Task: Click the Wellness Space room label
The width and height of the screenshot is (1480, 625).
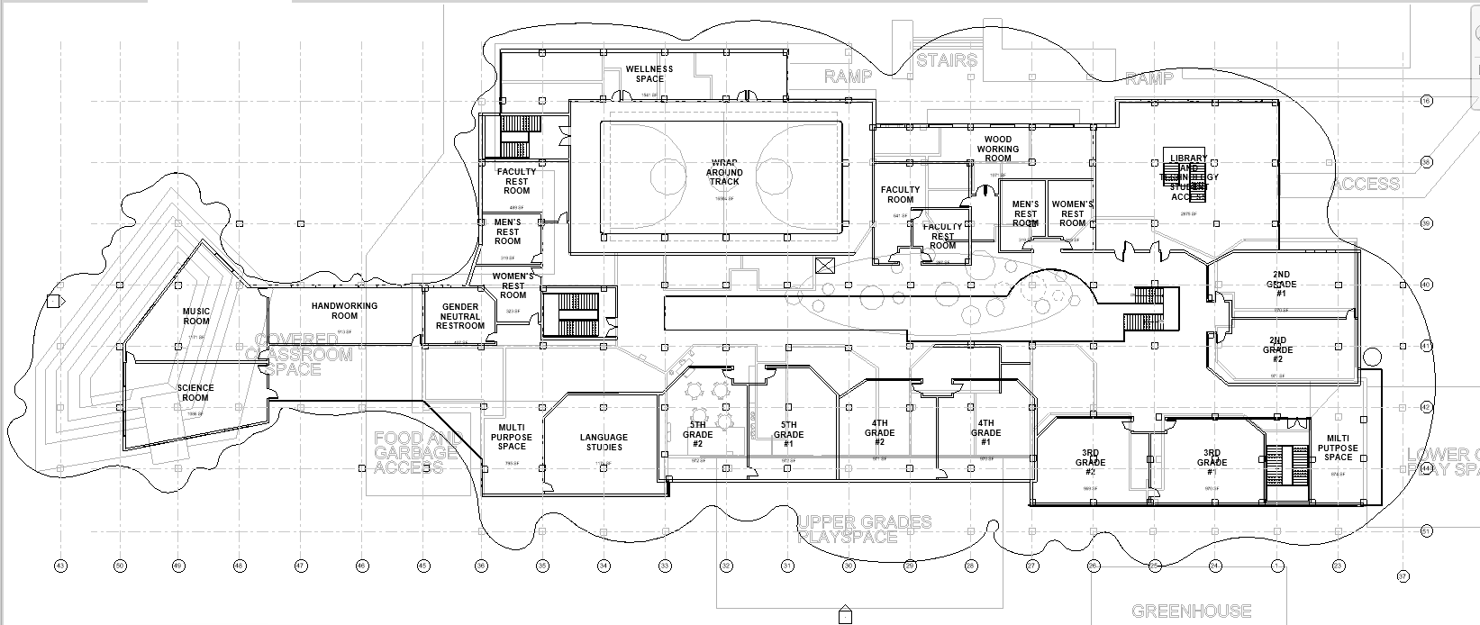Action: tap(649, 74)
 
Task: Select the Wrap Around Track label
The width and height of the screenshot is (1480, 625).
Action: tap(724, 172)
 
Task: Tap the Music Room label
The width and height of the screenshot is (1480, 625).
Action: tap(196, 315)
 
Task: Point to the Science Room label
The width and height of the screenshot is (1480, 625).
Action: tap(195, 393)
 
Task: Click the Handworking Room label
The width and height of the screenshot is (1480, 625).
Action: tap(345, 311)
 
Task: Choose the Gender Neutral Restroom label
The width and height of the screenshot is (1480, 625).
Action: tap(460, 316)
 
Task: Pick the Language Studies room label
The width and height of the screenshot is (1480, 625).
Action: tap(604, 442)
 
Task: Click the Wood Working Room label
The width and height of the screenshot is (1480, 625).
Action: tap(997, 149)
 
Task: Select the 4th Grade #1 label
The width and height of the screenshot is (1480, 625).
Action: tap(985, 432)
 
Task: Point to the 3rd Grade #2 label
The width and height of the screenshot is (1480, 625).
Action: tap(1090, 462)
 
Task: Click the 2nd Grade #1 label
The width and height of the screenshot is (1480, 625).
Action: tap(1280, 284)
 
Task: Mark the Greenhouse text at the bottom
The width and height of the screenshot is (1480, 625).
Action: tap(1191, 611)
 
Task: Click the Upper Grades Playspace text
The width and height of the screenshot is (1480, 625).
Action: tap(864, 530)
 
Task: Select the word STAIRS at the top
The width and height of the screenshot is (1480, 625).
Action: tap(947, 60)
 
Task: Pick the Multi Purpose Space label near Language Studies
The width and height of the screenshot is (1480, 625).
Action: tap(512, 437)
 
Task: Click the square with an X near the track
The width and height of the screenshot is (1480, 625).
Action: tap(823, 266)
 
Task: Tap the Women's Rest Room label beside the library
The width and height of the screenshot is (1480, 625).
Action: tap(1072, 213)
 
